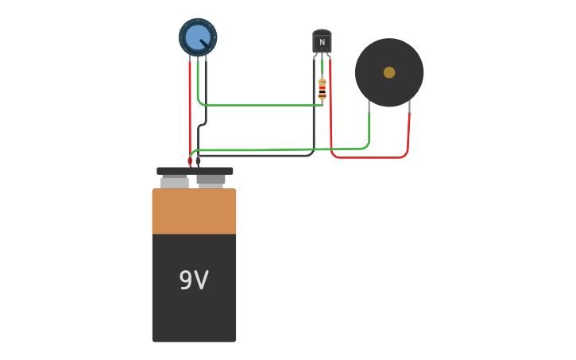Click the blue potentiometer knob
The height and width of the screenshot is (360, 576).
click(x=196, y=37)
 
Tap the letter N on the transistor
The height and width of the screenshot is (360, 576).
click(x=322, y=42)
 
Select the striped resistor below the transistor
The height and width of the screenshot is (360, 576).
click(x=322, y=89)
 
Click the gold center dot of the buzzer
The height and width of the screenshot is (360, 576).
click(x=389, y=72)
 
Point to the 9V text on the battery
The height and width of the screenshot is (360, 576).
click(x=194, y=281)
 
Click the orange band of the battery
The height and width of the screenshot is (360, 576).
click(x=194, y=211)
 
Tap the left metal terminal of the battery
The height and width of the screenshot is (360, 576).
click(x=175, y=182)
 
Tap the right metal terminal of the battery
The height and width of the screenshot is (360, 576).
click(x=211, y=180)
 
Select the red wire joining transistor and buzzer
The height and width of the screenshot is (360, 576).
click(x=369, y=157)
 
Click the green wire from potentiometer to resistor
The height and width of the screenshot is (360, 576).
click(x=262, y=105)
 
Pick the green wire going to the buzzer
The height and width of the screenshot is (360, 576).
click(x=318, y=149)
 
